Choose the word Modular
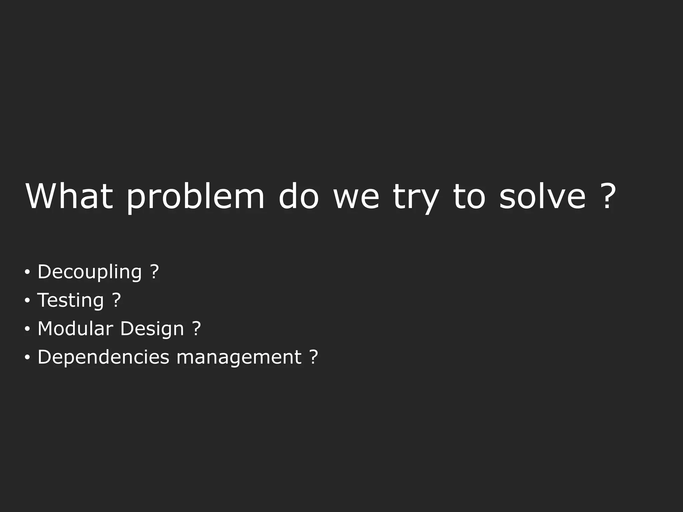75,329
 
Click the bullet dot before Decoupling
27,272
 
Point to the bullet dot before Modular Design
27,329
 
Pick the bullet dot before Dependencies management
27,358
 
